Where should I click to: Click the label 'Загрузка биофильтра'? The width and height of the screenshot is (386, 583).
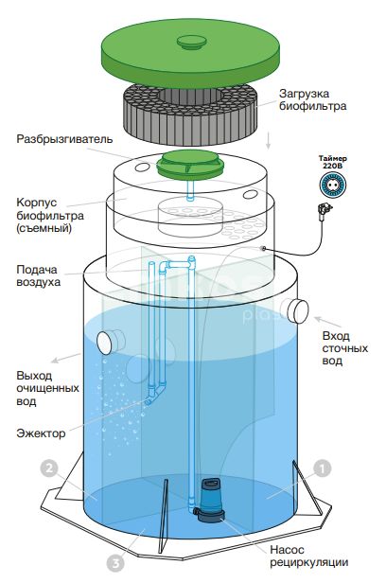coord(313,99)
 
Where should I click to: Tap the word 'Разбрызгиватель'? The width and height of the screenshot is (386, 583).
coord(64,139)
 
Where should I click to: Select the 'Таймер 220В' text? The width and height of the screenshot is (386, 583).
coord(332,162)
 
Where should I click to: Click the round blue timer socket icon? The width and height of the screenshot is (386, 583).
coord(333,185)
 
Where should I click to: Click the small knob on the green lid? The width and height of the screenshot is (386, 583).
coord(190,42)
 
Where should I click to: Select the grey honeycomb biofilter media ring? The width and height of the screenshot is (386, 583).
coord(189,113)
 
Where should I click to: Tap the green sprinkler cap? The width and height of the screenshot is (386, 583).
coord(190,164)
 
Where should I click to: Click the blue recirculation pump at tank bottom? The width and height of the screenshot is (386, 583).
coord(210,500)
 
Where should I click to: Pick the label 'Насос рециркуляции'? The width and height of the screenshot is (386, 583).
coord(308,556)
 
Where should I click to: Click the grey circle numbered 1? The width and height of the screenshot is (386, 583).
coord(322,468)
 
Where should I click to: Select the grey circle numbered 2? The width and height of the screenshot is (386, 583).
coord(49,468)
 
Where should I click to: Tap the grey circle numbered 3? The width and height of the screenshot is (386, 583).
coord(115,564)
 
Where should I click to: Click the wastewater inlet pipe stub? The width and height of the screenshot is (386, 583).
coord(295,309)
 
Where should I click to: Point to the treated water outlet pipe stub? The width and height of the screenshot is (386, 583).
coord(111,342)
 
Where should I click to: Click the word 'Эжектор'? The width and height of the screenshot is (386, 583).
coord(41,433)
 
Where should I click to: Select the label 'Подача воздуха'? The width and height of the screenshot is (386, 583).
coord(38,275)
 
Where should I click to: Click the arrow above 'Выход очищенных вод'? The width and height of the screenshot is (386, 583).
coord(65,358)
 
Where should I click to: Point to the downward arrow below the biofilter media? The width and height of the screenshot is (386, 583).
coord(269,141)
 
